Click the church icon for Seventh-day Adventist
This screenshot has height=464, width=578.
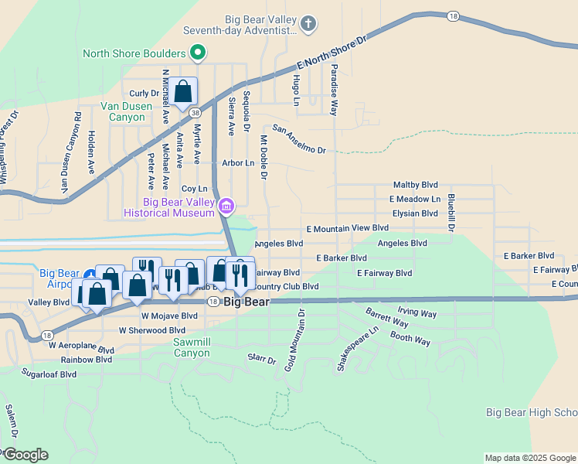tap(308, 23)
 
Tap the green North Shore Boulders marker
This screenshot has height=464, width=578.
tap(198, 53)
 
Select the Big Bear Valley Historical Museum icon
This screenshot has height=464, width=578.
tap(226, 206)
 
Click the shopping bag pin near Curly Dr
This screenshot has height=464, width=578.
tap(183, 91)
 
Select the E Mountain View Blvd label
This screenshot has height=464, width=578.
tap(347, 229)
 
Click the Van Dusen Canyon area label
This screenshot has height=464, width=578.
tap(122, 111)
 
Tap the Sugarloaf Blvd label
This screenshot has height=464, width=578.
tap(49, 374)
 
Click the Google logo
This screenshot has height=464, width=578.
tap(25, 455)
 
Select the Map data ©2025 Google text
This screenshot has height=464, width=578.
tap(530, 458)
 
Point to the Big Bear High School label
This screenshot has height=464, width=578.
tap(532, 413)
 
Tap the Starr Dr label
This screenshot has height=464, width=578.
tap(261, 360)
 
